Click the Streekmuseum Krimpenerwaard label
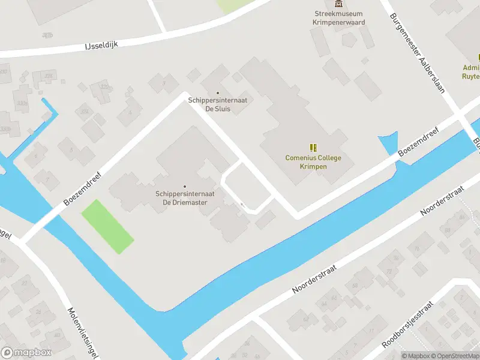[x=339, y=18]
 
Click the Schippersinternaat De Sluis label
[x=218, y=104]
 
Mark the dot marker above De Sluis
[x=218, y=92]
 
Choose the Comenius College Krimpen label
[x=313, y=161]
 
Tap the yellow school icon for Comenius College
[x=313, y=147]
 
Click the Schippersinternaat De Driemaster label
[x=185, y=198]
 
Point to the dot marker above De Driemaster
[x=185, y=186]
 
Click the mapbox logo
[x=27, y=353]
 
